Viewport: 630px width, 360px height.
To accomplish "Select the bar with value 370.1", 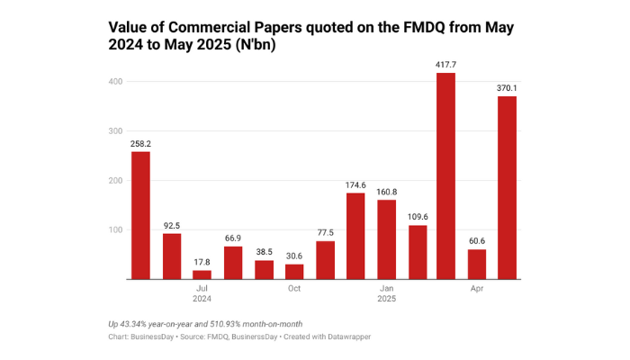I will pos(507,188).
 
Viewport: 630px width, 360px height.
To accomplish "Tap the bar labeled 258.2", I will pos(140,215).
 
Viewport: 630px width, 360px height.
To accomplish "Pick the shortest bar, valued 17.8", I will pos(202,274).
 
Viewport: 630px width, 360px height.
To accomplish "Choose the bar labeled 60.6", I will pos(476,264).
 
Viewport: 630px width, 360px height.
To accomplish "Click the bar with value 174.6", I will pos(355,236).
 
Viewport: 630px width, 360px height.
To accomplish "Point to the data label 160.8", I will pos(386,191).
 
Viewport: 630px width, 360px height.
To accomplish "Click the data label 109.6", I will pos(416,216).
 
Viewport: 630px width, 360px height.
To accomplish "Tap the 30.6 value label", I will pos(293,255).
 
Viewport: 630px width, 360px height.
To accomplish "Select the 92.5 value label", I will pos(171,225).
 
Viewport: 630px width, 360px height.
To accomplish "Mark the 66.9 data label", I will pos(232,238).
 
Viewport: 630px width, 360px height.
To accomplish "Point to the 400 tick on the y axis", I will pos(113,82).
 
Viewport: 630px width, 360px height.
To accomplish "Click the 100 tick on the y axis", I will pos(113,230).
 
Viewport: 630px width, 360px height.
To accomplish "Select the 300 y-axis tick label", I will pos(113,131).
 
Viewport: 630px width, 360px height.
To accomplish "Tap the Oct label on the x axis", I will pos(294,288).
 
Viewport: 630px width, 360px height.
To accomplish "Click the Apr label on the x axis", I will pos(477,288).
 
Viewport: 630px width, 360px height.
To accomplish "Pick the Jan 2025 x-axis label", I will pos(386,292).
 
